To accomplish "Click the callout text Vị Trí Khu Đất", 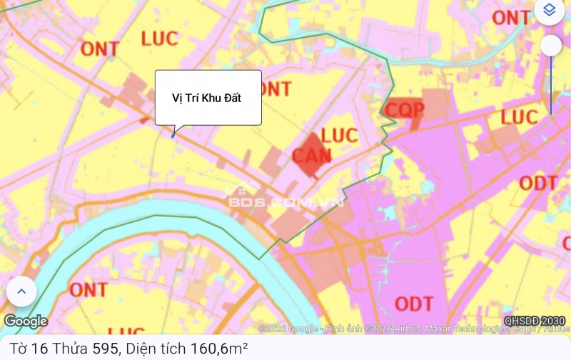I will pyautogui.click(x=207, y=98).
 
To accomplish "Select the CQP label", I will pyautogui.click(x=405, y=109).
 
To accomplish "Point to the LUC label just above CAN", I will pyautogui.click(x=339, y=135).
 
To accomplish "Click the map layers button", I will pyautogui.click(x=548, y=11).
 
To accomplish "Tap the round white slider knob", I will pyautogui.click(x=550, y=46).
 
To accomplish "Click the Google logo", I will pyautogui.click(x=26, y=321).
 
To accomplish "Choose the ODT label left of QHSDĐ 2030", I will pyautogui.click(x=414, y=304).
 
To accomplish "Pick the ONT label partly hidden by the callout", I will pyautogui.click(x=276, y=89).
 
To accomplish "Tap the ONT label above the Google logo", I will pyautogui.click(x=89, y=290).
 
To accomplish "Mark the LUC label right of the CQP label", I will pyautogui.click(x=519, y=116).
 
